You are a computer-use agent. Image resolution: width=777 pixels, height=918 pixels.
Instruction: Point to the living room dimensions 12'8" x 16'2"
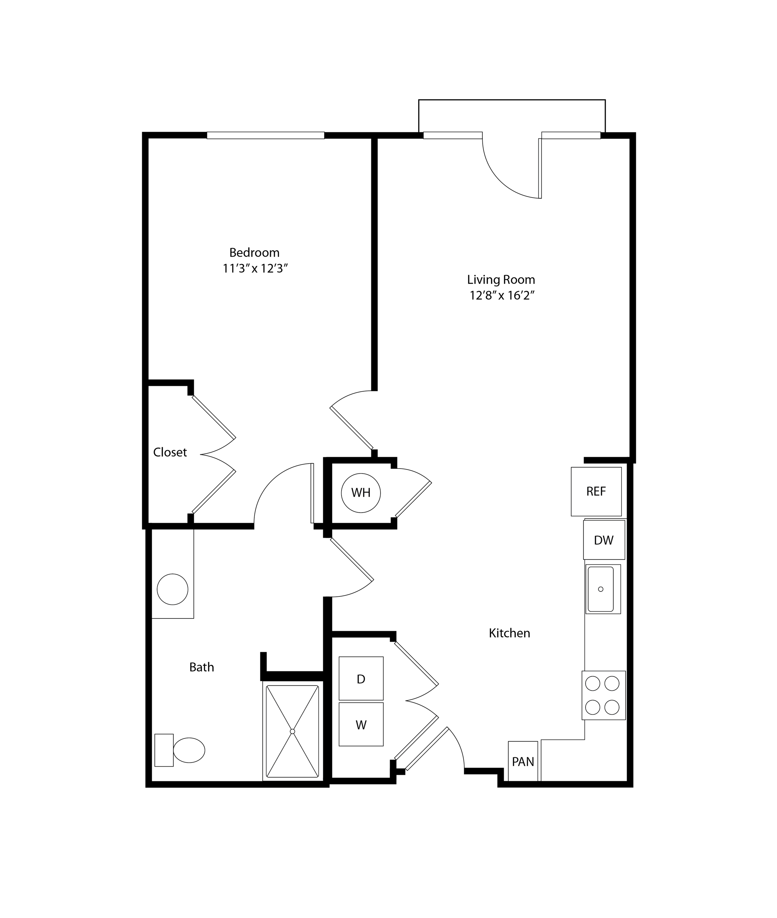coord(502,295)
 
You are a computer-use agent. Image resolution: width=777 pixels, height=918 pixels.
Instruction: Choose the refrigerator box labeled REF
coord(596,491)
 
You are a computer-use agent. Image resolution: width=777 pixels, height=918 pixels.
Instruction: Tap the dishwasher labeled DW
coord(604,540)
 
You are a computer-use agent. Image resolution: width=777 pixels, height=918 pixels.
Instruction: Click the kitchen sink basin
coord(600,589)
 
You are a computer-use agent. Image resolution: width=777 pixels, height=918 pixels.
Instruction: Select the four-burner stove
coord(603,696)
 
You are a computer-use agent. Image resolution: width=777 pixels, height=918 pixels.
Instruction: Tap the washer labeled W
coord(361,725)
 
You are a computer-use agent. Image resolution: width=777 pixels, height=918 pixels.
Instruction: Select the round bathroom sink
coord(173,589)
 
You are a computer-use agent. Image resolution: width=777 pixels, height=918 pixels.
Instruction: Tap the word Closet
coord(170,452)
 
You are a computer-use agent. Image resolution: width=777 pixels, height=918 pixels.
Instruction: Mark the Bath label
coord(202,667)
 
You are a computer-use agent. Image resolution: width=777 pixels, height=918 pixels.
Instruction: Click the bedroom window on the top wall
coord(266,135)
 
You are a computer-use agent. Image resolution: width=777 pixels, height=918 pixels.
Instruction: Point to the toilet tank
coord(164,750)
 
